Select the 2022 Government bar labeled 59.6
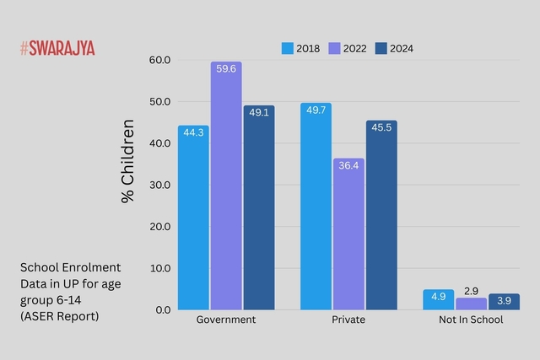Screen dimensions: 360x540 click(226, 185)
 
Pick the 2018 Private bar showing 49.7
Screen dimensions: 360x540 click(316, 207)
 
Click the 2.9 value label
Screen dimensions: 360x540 click(471, 291)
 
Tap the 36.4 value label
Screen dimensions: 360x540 click(348, 166)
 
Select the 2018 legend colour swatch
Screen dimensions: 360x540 click(287, 49)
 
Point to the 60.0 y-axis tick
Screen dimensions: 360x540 click(159, 61)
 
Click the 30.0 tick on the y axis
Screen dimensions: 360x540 click(159, 185)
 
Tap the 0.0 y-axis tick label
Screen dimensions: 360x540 click(163, 310)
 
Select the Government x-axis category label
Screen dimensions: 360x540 click(225, 320)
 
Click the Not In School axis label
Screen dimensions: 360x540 click(471, 320)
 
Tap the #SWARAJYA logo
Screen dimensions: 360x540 click(57, 48)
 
